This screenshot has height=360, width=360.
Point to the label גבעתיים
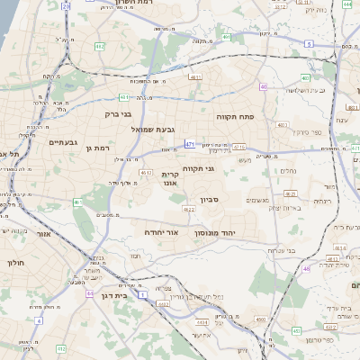[66, 142]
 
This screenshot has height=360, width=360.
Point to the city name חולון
[15, 263]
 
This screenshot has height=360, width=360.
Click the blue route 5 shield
[308, 43]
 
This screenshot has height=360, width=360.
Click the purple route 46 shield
[306, 267]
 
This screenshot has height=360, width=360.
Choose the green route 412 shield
[59, 348]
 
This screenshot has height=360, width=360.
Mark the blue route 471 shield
[189, 143]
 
